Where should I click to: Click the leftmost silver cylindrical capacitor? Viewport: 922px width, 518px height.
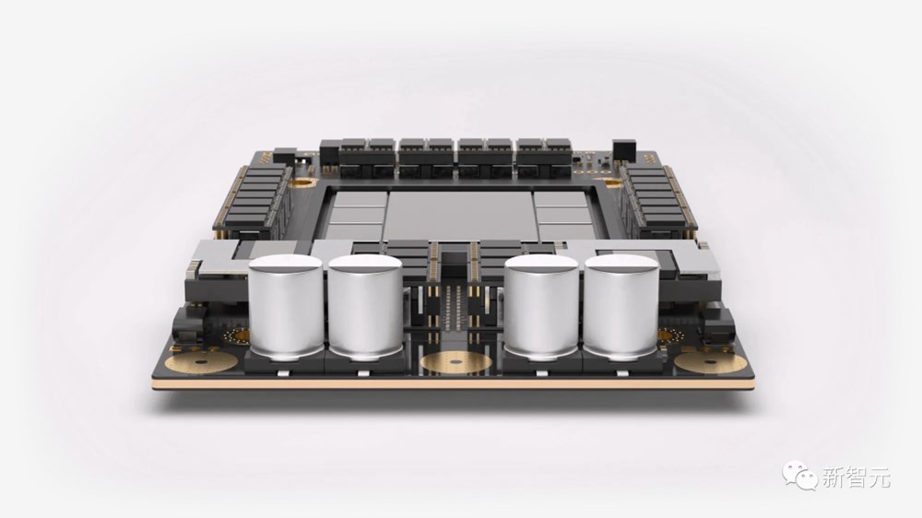click(286, 306)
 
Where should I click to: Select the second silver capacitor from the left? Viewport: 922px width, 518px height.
click(365, 307)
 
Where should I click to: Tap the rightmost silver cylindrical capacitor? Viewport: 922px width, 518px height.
click(621, 307)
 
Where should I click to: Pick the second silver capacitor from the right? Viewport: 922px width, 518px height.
click(541, 307)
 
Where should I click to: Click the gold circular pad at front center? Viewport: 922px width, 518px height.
click(456, 362)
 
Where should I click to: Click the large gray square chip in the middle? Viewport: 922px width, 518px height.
click(460, 216)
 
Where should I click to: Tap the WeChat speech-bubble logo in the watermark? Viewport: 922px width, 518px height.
click(799, 475)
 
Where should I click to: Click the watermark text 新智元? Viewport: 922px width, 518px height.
click(857, 477)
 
